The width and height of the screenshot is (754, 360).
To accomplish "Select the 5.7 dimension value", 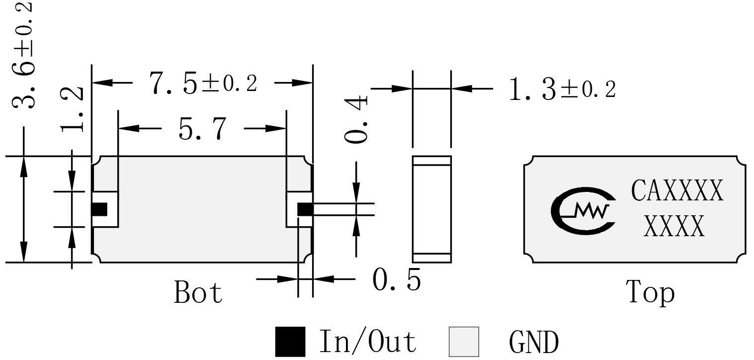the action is pos(202,129).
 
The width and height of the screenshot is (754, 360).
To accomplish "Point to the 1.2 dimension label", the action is pos(72,109).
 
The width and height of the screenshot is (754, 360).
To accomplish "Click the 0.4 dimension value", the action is pos(356,119).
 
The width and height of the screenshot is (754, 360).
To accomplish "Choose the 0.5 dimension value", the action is pos(397,280).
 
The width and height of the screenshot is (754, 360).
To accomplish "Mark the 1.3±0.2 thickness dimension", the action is pos(563,89).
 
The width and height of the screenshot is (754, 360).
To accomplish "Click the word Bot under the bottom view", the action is pos(198,292).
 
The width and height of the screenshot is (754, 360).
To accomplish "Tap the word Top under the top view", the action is pos(650,293).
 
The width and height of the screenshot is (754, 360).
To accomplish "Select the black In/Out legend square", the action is pos(290,342).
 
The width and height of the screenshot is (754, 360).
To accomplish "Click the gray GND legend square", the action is pos(464,342).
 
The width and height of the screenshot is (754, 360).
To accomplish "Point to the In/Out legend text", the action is pos(368,342).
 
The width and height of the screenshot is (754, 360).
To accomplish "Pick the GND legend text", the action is pos(534,342).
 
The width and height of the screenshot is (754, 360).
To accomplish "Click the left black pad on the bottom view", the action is pos(99,209).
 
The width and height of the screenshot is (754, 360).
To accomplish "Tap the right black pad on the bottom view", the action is pos(305,209).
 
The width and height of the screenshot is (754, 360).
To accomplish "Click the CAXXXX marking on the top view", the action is pos(677,190).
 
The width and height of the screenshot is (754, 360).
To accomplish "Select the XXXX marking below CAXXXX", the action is pos(674,226).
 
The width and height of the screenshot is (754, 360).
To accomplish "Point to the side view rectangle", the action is pos(432,209).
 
